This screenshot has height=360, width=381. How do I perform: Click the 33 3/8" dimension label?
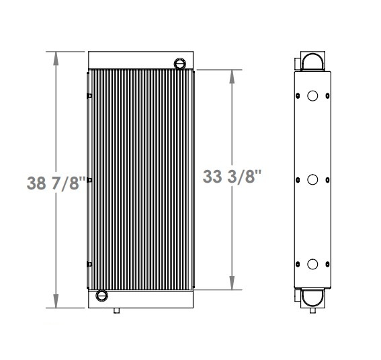click(232, 177)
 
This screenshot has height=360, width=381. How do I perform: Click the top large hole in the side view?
click(312, 96)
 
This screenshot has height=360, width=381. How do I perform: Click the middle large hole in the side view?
click(312, 180)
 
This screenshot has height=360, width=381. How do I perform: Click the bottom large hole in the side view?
click(312, 264)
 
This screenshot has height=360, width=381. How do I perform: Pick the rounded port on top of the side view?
click(312, 62)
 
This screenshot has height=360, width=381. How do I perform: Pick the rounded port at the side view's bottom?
click(312, 297)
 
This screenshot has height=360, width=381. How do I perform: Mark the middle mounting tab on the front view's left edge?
click(89, 179)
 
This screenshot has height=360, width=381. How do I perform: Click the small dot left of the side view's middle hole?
click(298, 180)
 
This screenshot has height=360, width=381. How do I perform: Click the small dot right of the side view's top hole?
click(327, 96)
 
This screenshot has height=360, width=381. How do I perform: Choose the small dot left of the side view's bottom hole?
click(298, 264)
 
